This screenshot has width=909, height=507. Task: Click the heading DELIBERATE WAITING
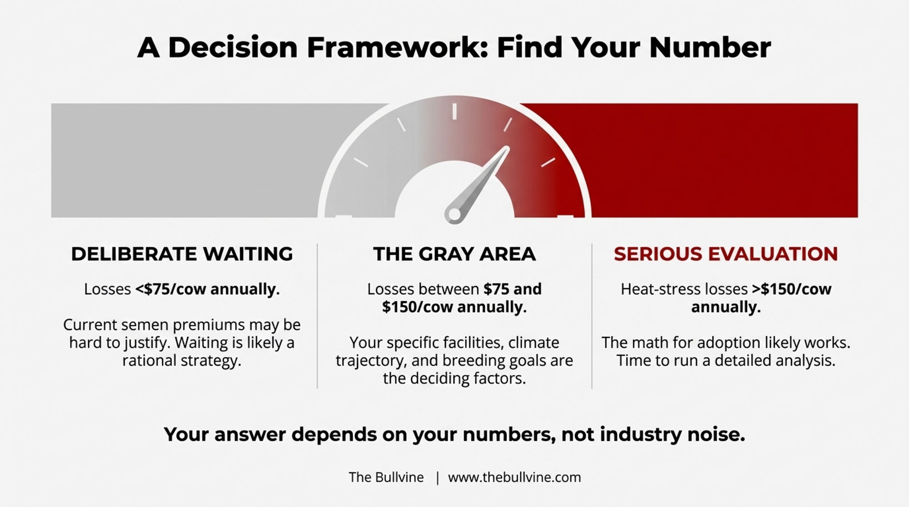coord(182,253)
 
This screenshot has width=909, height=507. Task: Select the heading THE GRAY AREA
coord(454,253)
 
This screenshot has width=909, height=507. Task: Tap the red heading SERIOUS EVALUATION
coord(726,253)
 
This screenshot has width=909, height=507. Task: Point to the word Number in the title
coord(710,47)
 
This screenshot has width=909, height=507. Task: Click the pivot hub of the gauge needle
coord(454,214)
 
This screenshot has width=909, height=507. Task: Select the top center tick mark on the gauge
coord(454,111)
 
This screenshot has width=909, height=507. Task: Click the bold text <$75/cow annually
coord(207,289)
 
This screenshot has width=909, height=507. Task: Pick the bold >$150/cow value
coord(791,289)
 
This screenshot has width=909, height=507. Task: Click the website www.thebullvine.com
coord(514,477)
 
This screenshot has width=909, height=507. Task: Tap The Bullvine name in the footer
coord(386,477)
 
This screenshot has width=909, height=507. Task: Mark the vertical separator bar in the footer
coord(437,477)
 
